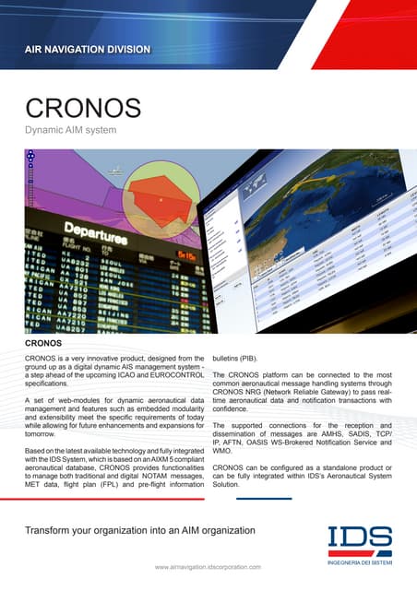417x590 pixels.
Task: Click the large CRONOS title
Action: pos(83,110)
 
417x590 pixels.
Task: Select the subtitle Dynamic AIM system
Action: pos(70,132)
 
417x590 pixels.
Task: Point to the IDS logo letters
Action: pos(360,538)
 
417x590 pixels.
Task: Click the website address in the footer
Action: pos(208,567)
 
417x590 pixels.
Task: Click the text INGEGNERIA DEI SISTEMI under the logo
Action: pos(360,559)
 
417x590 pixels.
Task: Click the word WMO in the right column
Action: pos(222,452)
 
